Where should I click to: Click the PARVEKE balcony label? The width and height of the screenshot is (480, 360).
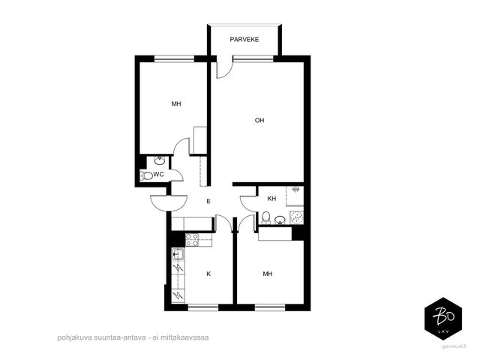pyautogui.click(x=244, y=40)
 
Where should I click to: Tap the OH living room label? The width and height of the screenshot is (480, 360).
pyautogui.click(x=259, y=120)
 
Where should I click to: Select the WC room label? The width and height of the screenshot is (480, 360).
pyautogui.click(x=158, y=175)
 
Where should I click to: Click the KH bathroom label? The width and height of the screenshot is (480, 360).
pyautogui.click(x=271, y=199)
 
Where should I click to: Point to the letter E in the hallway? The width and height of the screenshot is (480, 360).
pyautogui.click(x=208, y=201)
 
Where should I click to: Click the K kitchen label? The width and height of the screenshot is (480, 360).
pyautogui.click(x=208, y=274)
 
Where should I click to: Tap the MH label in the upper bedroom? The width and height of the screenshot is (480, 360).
pyautogui.click(x=176, y=103)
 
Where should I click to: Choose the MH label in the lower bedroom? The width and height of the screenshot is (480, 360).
pyautogui.click(x=268, y=274)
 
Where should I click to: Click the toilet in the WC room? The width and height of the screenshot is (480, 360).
pyautogui.click(x=146, y=175)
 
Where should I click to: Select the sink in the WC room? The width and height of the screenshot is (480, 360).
pyautogui.click(x=160, y=160)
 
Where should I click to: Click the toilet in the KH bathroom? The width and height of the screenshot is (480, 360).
pyautogui.click(x=265, y=217)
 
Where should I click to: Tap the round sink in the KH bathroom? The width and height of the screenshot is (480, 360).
pyautogui.click(x=280, y=220)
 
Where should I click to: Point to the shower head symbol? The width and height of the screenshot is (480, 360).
pyautogui.click(x=295, y=190)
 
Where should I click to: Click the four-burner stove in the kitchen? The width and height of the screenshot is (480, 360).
pyautogui.click(x=192, y=240)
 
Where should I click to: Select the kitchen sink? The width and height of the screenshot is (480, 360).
pyautogui.click(x=178, y=254)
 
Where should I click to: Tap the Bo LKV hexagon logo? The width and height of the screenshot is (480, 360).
pyautogui.click(x=443, y=319)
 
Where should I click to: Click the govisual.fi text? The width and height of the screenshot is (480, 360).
pyautogui.click(x=454, y=346)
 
